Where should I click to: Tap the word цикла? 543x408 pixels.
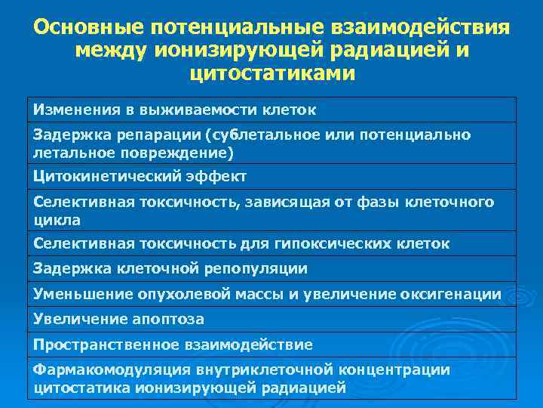(x=57, y=220)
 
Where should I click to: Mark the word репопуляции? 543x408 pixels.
(x=258, y=268)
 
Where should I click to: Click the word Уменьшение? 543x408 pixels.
(x=78, y=293)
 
